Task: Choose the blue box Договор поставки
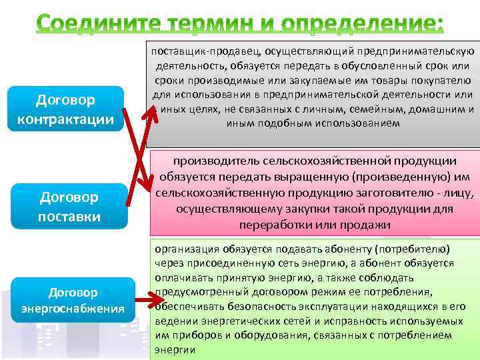[70, 207]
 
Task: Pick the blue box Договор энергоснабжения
[72, 300]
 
